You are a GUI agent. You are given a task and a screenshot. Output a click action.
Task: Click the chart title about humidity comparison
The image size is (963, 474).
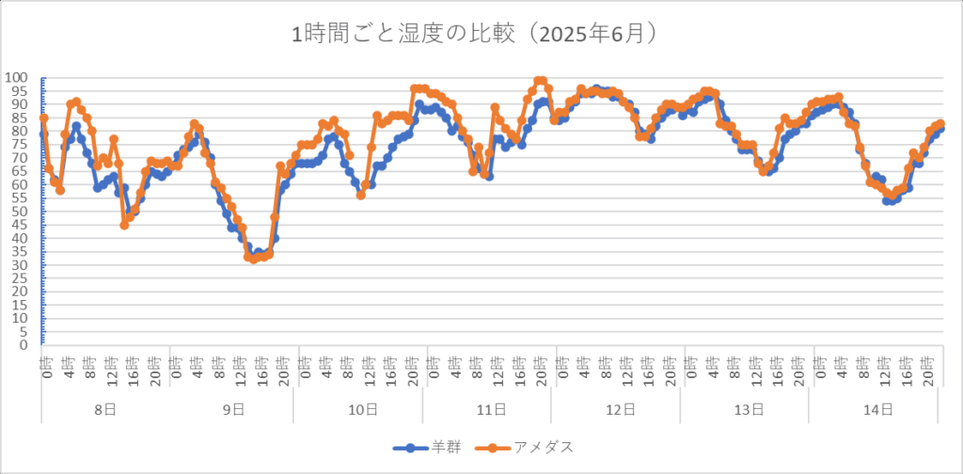(x=481, y=35)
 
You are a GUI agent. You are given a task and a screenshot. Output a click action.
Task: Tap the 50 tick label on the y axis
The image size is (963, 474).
(x=21, y=211)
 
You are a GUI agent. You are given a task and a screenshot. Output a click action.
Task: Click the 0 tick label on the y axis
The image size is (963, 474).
(x=24, y=344)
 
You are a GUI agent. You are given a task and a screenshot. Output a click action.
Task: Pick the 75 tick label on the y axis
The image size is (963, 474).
(x=21, y=144)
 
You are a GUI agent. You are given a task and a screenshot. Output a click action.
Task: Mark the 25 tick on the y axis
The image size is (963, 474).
(x=21, y=277)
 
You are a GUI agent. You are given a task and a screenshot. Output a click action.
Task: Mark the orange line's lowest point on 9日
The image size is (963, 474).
(x=253, y=259)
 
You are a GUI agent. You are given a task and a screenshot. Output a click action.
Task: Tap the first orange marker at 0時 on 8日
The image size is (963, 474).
(x=43, y=118)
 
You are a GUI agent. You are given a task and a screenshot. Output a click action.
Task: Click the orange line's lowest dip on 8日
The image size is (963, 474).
(x=124, y=225)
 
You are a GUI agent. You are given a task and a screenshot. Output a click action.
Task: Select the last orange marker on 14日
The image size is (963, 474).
(x=939, y=124)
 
